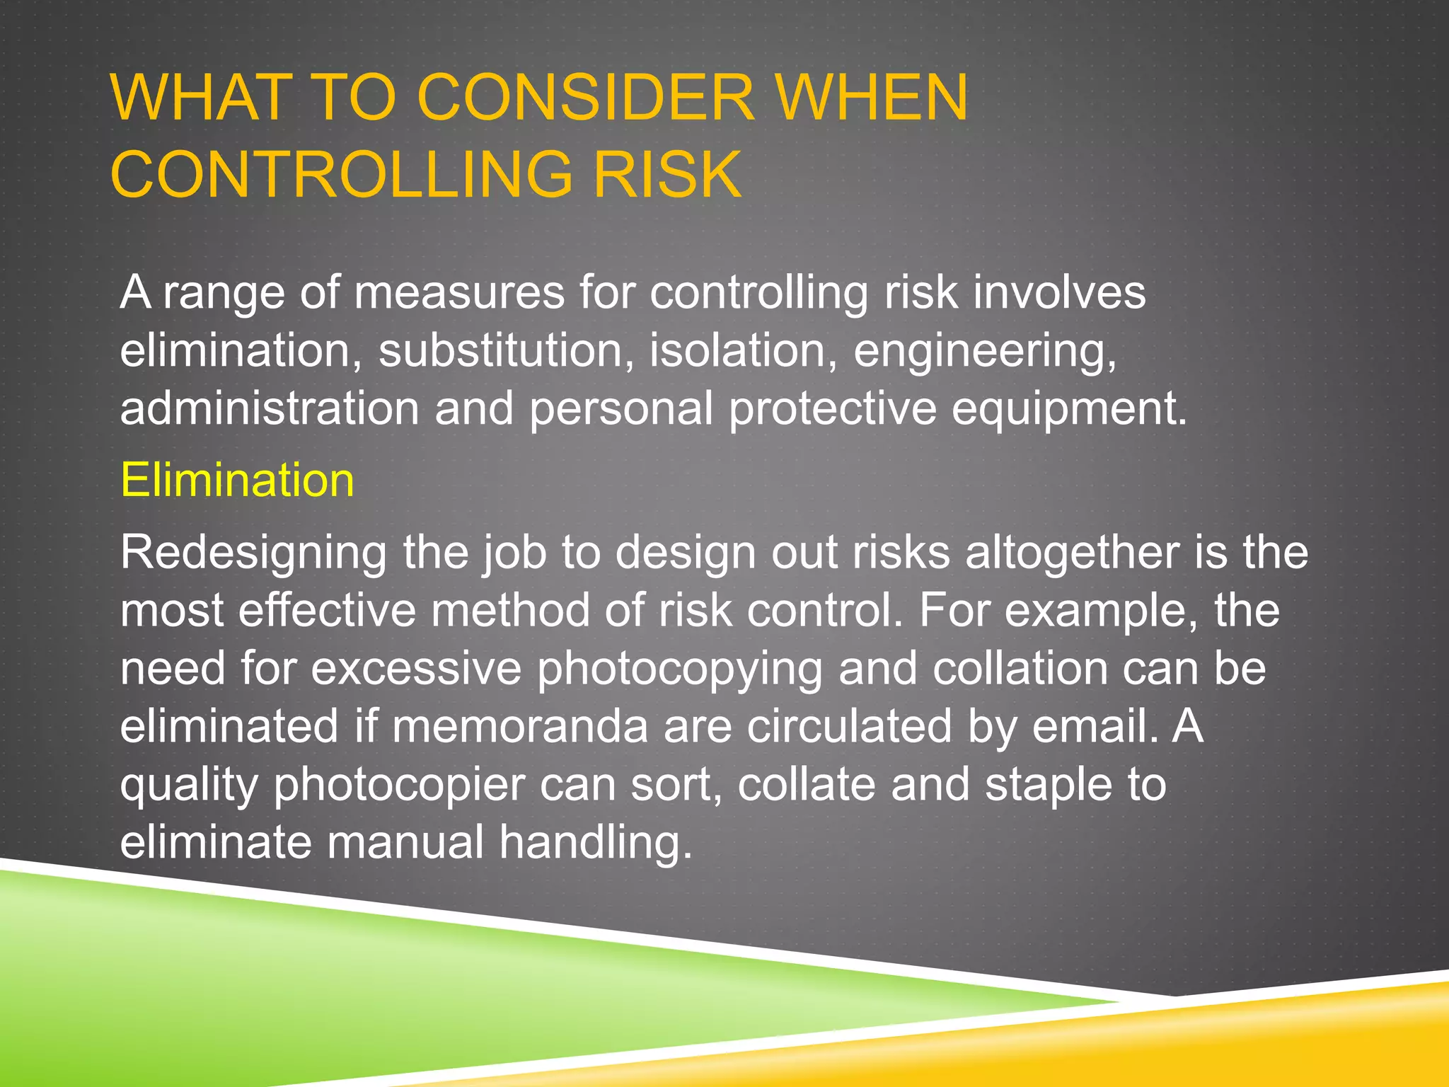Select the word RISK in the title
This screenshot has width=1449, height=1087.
(667, 174)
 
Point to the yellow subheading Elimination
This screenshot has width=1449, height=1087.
(237, 480)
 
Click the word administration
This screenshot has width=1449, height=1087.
(270, 408)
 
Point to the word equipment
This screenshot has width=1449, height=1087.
(1068, 410)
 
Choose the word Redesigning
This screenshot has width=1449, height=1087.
(253, 553)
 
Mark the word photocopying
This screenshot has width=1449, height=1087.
(680, 669)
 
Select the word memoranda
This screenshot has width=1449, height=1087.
(520, 726)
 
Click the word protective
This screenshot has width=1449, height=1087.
(832, 408)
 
